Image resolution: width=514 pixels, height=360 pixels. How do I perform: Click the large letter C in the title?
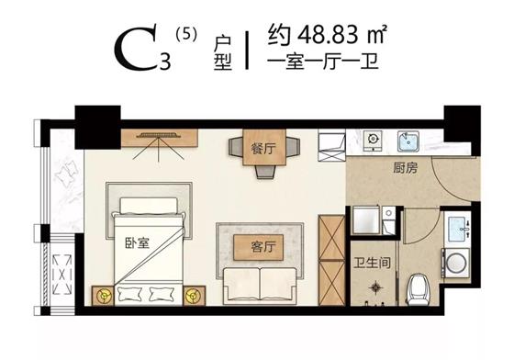coord(136,51)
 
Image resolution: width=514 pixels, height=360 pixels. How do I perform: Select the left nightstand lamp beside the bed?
coord(103,296)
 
